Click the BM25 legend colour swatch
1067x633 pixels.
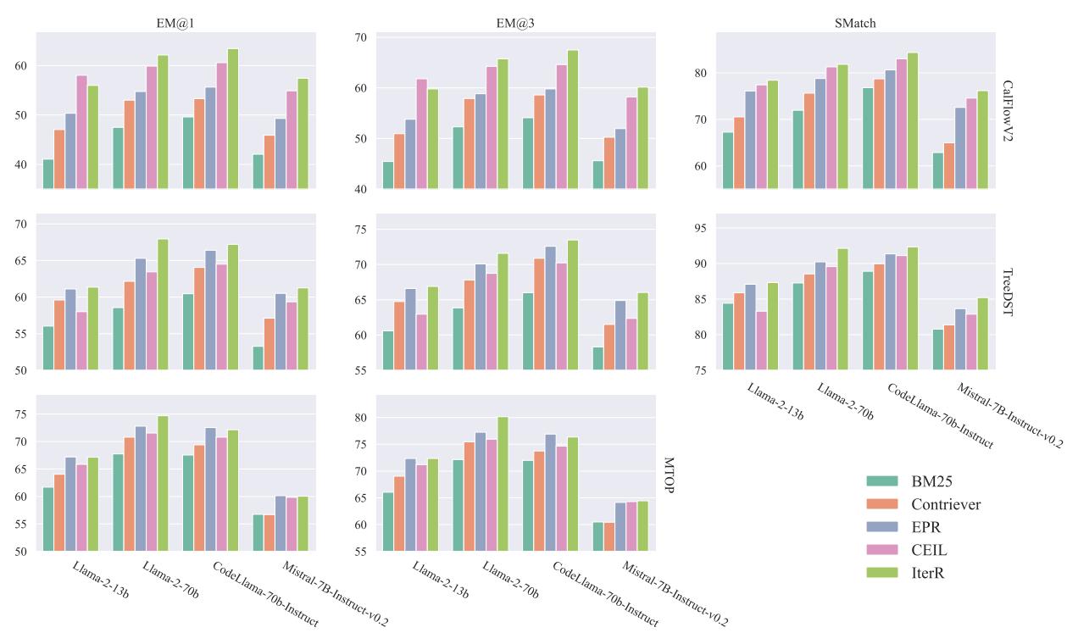click(882, 481)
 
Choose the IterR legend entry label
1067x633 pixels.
click(929, 574)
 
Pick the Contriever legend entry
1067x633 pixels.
click(945, 505)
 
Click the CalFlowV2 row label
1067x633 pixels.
click(1009, 110)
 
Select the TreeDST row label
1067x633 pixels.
click(1009, 292)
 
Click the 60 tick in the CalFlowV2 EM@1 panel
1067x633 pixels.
click(23, 66)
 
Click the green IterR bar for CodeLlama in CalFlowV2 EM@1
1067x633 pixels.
click(232, 118)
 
